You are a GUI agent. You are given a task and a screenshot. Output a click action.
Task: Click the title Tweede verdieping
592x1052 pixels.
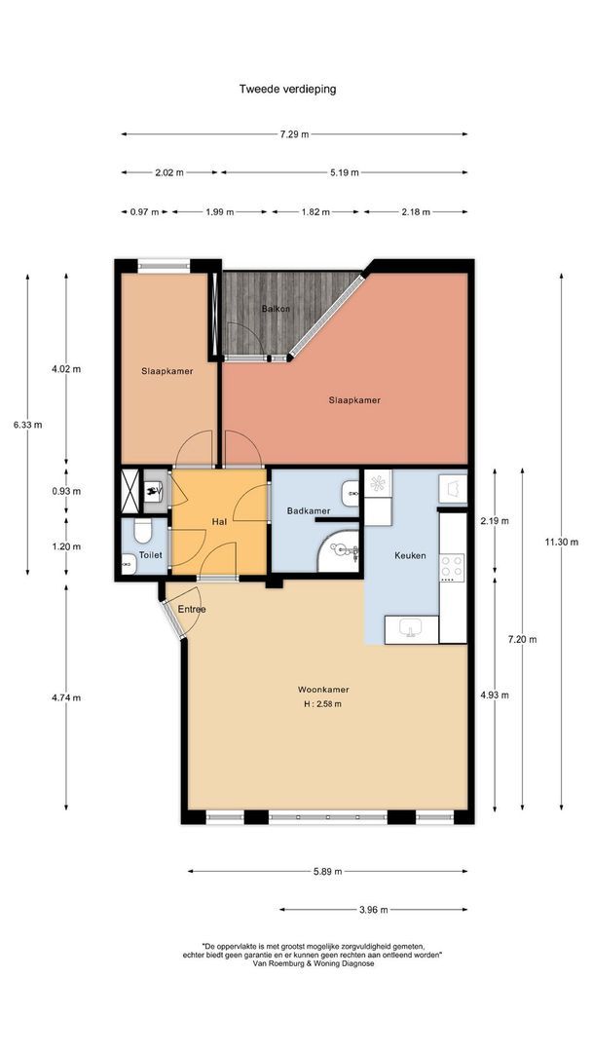point(287,88)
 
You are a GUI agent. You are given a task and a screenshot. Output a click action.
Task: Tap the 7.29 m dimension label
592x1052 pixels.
point(294,134)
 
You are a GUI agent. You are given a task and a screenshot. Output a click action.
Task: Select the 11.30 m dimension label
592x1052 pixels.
point(561,543)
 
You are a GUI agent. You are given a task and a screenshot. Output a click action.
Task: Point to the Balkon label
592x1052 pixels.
point(277,309)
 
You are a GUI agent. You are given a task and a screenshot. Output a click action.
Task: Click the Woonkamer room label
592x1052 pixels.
point(323,689)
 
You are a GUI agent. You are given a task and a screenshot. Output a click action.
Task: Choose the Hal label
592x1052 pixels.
point(218,521)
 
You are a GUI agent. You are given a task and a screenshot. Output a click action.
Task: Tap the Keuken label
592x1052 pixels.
point(410,555)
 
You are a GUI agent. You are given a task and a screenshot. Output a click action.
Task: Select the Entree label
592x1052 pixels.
point(192,609)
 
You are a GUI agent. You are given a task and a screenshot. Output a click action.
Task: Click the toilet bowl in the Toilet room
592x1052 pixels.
point(142,531)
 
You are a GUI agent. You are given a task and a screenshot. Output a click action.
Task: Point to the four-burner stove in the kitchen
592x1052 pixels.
point(452,568)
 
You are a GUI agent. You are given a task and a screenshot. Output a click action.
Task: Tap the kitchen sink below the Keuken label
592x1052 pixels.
point(410,629)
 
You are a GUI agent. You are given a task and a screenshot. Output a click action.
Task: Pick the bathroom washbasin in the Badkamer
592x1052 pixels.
point(351,493)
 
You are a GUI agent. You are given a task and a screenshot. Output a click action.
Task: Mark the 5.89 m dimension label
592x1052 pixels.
point(328,871)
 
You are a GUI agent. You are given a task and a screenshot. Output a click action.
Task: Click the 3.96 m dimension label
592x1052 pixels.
point(374,910)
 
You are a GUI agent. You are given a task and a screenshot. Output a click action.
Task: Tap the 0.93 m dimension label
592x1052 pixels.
point(66,491)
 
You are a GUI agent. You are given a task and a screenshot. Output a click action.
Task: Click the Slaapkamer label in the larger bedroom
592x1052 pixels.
point(354,400)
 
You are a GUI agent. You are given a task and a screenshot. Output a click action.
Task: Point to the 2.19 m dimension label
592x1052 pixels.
point(495,520)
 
